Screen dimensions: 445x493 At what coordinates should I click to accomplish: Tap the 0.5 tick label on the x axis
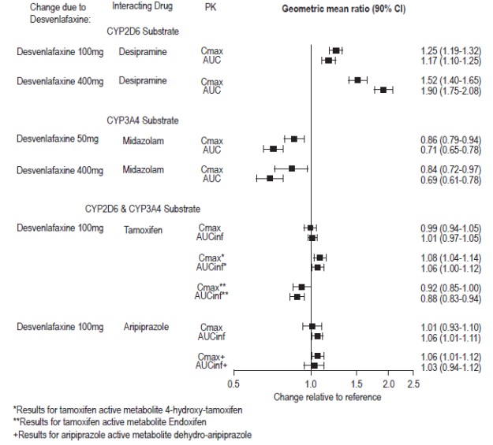[x=233, y=384]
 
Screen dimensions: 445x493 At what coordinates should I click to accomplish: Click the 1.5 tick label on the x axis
[x=357, y=384]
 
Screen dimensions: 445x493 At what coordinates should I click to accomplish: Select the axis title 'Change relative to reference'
[x=327, y=397]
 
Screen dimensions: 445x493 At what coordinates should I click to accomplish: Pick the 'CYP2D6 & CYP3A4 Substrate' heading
[x=143, y=209]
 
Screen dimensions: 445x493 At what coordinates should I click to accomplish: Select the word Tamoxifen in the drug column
[x=140, y=228]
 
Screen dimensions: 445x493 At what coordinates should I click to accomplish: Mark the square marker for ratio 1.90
[x=383, y=90]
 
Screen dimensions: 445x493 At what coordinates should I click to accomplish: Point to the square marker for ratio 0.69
[x=270, y=178]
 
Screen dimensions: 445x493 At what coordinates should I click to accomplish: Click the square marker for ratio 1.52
[x=357, y=80]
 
